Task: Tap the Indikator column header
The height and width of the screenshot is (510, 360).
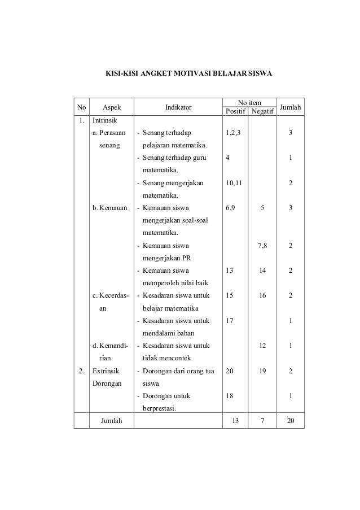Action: pyautogui.click(x=178, y=107)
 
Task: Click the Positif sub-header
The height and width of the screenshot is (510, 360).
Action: pyautogui.click(x=235, y=111)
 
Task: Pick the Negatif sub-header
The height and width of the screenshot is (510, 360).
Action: pyautogui.click(x=262, y=111)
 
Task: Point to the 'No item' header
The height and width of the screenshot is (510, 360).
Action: pyautogui.click(x=249, y=102)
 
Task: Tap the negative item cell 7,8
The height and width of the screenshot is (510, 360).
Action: pyautogui.click(x=262, y=246)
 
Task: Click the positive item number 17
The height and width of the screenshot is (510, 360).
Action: pyautogui.click(x=229, y=320)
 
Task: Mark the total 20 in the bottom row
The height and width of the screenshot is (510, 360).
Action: pyautogui.click(x=290, y=421)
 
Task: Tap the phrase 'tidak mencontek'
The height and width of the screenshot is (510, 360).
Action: pyautogui.click(x=166, y=358)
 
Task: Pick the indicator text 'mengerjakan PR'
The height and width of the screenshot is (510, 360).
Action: pyautogui.click(x=166, y=258)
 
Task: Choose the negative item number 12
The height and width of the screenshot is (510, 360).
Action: pyautogui.click(x=262, y=345)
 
